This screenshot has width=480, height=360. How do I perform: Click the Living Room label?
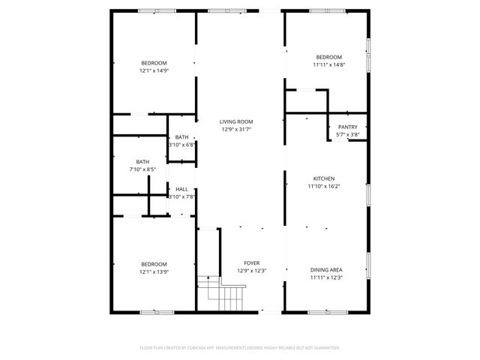tap(236, 121)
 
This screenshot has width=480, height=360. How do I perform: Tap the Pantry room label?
tap(347, 127)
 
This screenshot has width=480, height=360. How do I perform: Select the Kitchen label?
tap(324, 178)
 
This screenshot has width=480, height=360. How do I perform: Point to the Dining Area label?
tap(326, 269)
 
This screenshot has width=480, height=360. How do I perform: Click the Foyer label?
tap(252, 263)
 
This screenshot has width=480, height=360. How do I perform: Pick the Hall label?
tap(181, 189)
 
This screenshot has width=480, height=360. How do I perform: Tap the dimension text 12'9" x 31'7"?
tap(236, 129)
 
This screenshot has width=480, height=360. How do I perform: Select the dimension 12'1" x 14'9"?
tap(154, 70)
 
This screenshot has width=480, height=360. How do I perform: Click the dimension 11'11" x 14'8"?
tap(328, 65)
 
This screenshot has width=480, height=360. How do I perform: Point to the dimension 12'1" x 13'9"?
tap(154, 271)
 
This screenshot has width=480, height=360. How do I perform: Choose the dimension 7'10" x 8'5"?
tap(142, 169)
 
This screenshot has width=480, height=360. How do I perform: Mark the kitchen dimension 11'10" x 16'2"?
tap(324, 186)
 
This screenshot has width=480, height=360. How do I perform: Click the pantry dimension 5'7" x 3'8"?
tap(347, 134)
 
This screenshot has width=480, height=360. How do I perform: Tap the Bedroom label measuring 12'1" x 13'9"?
tap(154, 263)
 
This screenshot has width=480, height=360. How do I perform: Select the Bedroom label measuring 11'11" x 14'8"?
tap(328, 58)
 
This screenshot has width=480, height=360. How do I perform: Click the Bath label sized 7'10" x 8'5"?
tap(142, 162)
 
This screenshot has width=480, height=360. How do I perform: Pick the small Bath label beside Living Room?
tap(181, 137)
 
